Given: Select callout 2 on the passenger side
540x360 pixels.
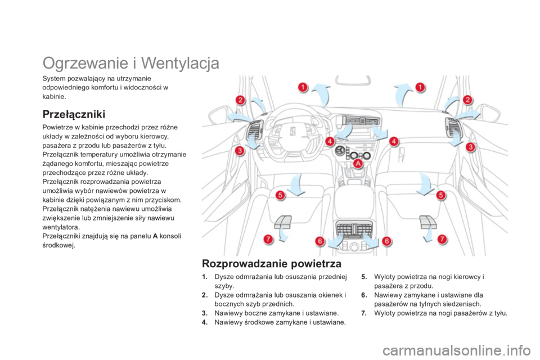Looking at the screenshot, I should pos(466,100).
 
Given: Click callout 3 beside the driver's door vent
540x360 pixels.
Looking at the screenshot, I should pos(239,151).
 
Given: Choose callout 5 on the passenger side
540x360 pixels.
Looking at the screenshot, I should pos(442,195).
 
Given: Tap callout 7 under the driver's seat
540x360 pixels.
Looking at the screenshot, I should pos(268,239).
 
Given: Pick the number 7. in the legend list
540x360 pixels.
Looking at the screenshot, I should pos(364,312).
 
